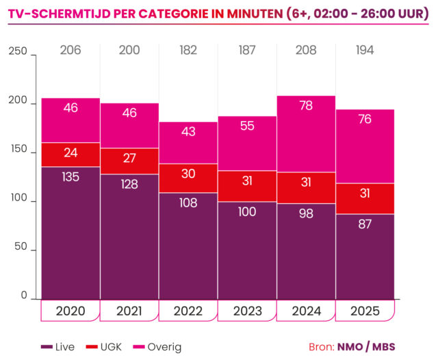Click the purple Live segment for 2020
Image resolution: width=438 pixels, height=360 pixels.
pos(70,233)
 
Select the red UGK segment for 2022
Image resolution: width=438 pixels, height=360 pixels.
pos(188,178)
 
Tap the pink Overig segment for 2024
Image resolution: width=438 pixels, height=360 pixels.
pos(306,133)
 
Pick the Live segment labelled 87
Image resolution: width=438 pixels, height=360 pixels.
pos(365,257)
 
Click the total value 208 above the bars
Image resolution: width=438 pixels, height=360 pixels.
pos(306,49)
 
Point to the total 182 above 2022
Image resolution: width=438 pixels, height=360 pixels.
pos(188,49)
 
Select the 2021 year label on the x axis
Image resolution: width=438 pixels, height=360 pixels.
pos(129,311)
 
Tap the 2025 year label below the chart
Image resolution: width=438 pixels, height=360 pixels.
pos(365,311)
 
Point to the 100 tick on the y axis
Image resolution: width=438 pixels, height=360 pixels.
pos(18,200)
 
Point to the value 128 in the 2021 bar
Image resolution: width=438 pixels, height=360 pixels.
pos(129,184)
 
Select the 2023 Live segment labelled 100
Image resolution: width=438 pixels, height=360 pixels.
pos(247,250)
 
